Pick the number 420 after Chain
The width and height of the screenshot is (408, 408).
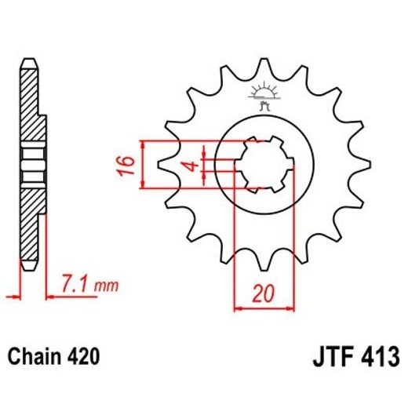(83, 358)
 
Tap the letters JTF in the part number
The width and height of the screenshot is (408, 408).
(322, 358)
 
